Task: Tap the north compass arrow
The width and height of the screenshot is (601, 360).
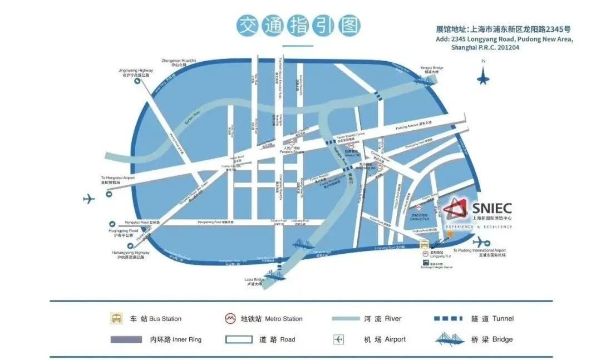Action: coord(482,76)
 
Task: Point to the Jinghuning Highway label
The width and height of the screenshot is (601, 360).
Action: coord(136,72)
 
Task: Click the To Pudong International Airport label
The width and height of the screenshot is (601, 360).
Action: coord(479,253)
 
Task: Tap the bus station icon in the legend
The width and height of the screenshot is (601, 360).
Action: coord(116,319)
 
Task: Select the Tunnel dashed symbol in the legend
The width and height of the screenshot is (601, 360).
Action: coord(447,318)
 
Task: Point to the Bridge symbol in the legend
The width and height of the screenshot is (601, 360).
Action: coord(448,339)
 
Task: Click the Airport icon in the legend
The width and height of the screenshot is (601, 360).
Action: coord(339,339)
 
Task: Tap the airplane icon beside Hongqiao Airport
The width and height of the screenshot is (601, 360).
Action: coord(89,199)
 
